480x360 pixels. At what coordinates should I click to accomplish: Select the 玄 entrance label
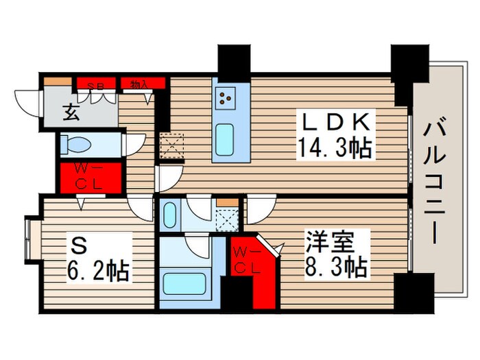(71, 112)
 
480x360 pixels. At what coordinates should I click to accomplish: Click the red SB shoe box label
(97, 84)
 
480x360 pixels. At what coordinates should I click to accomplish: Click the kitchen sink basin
(225, 141)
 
